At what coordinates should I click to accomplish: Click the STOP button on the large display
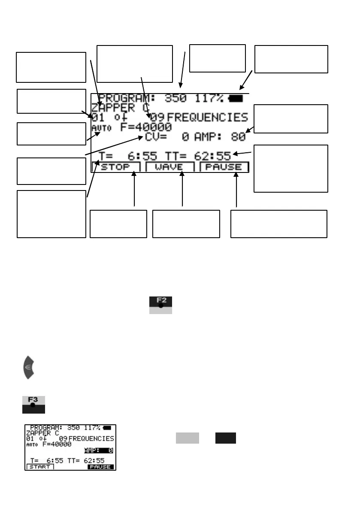pos(115,167)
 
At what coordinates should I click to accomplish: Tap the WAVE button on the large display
pos(169,167)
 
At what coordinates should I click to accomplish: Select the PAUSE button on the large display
pos(224,167)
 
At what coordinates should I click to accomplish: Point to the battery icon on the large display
pos(236,99)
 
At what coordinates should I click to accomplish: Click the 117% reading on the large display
pos(209,99)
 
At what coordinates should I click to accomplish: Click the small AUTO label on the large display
pos(98,128)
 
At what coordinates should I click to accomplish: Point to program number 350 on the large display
pos(175,99)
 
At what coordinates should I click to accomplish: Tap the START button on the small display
pos(40,467)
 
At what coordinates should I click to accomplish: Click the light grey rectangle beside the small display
pos(187,438)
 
